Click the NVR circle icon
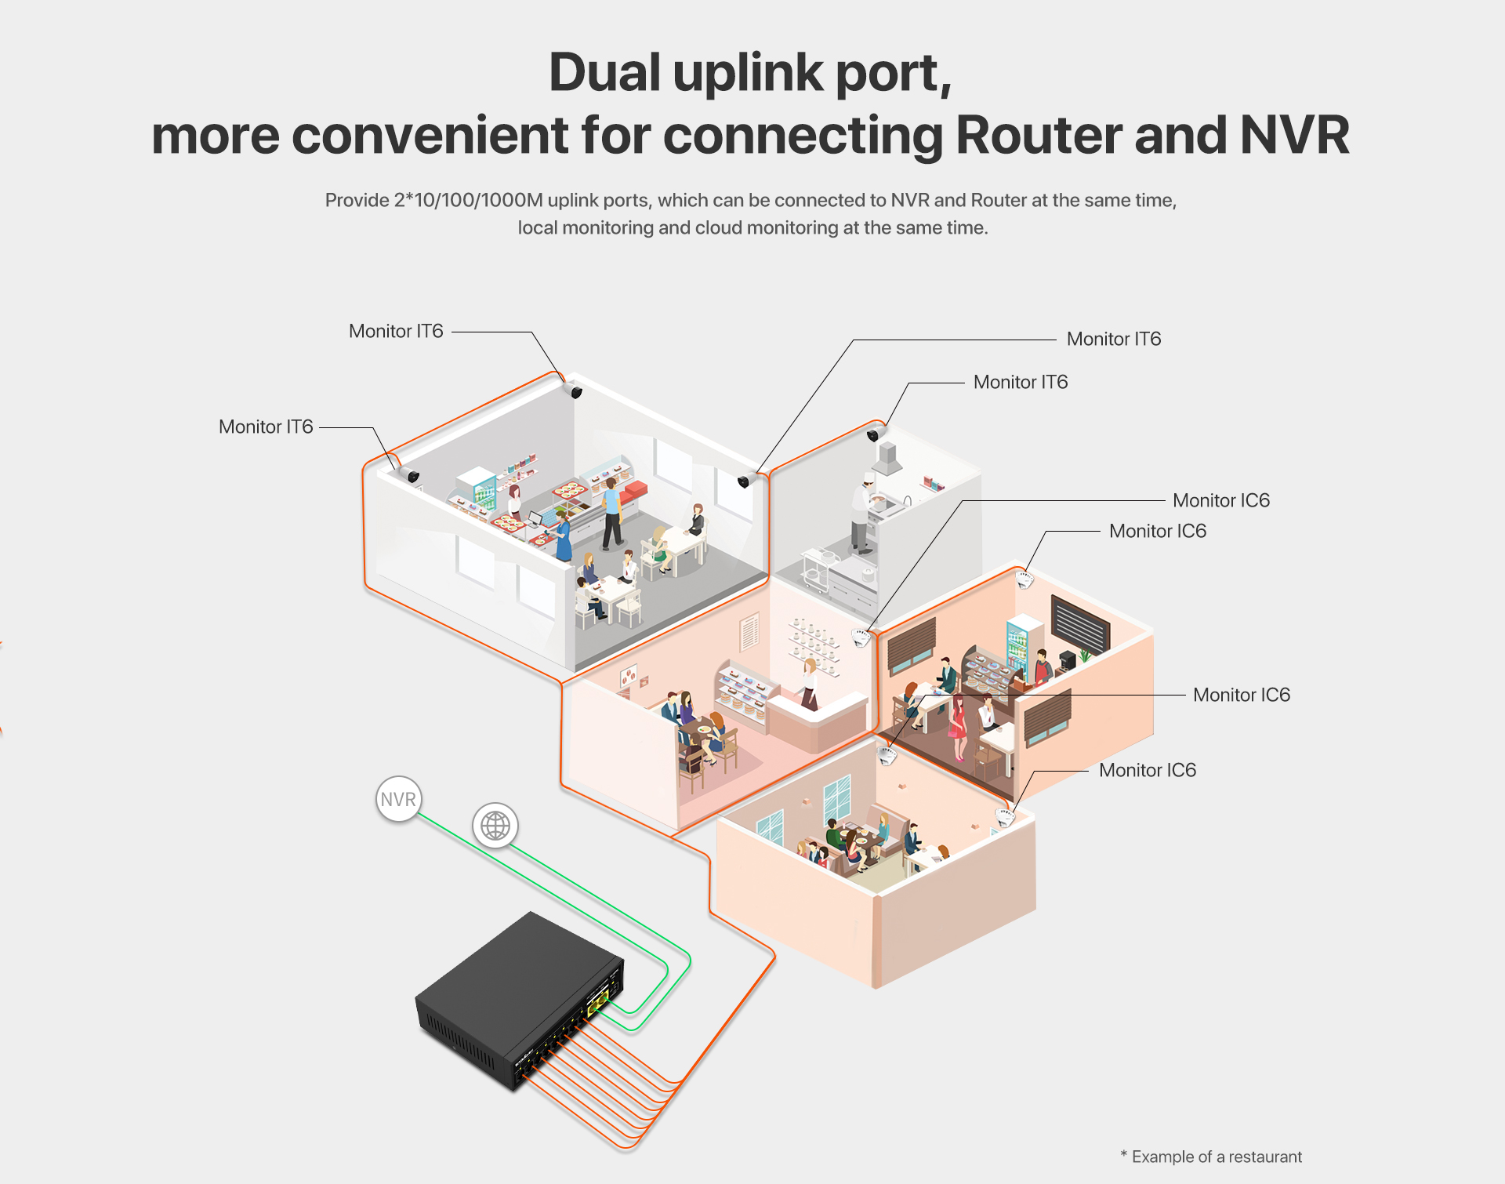(x=398, y=799)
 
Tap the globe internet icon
(x=495, y=826)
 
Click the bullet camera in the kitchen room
(x=876, y=432)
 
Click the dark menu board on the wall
(x=1079, y=624)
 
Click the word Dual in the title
(x=604, y=72)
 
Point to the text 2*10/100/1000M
(x=468, y=201)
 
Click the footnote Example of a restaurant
(x=1216, y=1157)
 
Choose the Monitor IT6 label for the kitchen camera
(x=1020, y=383)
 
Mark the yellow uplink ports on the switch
(x=598, y=1001)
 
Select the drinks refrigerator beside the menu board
(x=1018, y=643)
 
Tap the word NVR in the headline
(x=1294, y=135)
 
